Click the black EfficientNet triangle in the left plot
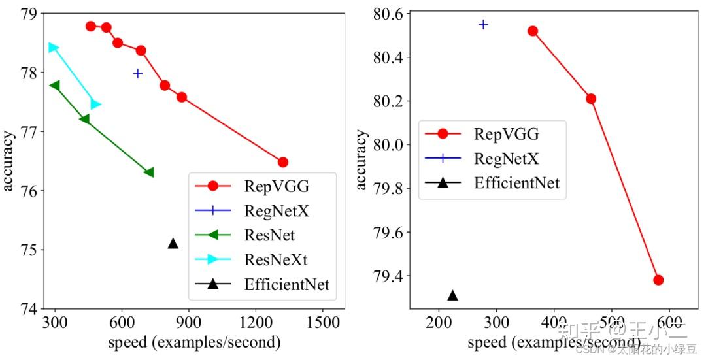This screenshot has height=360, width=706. (x=173, y=244)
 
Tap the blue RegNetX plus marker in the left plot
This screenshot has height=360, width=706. (x=138, y=73)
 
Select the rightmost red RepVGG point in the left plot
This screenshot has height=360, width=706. (x=283, y=162)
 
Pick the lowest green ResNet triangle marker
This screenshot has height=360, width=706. (x=149, y=172)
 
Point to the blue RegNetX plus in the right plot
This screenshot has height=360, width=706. (x=483, y=24)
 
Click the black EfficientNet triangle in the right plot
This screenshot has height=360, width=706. (x=452, y=296)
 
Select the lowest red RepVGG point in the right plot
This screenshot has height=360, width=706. (x=658, y=280)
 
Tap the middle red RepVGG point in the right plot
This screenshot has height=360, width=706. (x=591, y=99)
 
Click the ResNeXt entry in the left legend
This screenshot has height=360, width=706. (x=275, y=259)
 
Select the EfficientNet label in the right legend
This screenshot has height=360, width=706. (x=517, y=182)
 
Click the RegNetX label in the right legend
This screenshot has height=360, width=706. (x=506, y=157)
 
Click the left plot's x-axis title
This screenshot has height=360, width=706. (x=195, y=342)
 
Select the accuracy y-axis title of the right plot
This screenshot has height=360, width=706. (x=361, y=160)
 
